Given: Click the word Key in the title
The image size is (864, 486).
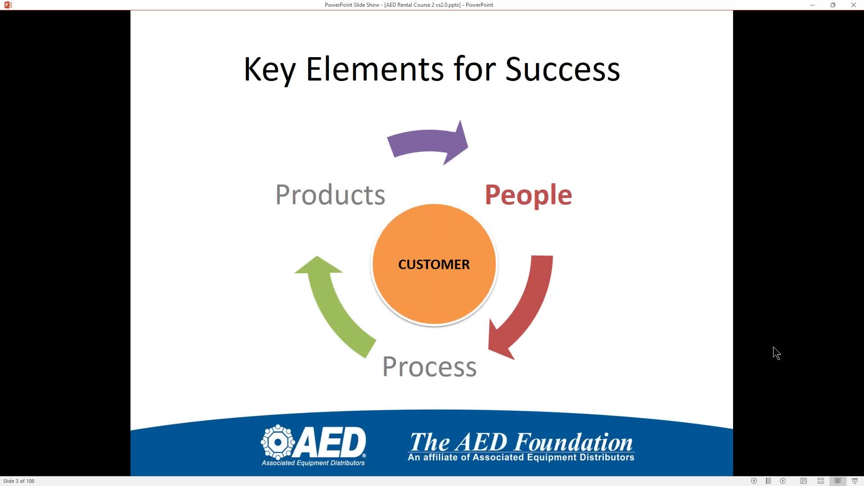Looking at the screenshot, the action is coord(270,70).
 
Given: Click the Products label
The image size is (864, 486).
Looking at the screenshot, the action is coord(330,195).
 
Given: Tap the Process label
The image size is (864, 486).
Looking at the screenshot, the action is coord(429,367).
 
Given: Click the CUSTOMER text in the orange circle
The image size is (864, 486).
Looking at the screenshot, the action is coord(434,264).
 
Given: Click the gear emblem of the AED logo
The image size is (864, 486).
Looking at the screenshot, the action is coord(278,442).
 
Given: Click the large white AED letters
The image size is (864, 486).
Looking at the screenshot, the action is coord(331,442).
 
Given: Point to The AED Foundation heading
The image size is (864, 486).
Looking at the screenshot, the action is coord(521,442).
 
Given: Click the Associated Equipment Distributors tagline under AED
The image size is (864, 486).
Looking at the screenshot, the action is coord(313,463).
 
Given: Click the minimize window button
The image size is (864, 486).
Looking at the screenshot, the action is coord(812,5).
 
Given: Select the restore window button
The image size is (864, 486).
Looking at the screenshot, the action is coord(833,5).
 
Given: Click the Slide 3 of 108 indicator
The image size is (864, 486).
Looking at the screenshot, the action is coord(19,481).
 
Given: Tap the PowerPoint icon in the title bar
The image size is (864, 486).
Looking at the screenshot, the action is coord(8,5).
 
